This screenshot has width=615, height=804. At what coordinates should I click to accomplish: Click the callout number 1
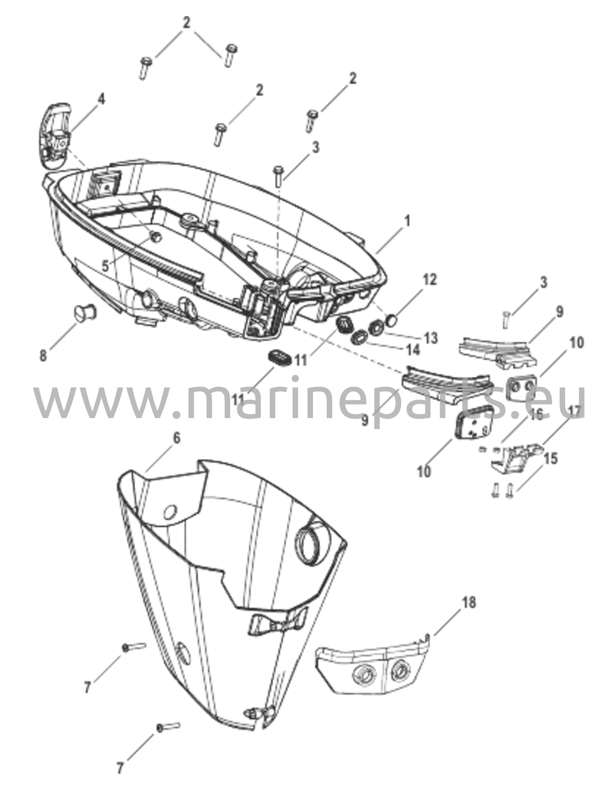coord(407,222)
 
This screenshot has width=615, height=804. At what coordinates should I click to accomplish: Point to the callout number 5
coord(105,267)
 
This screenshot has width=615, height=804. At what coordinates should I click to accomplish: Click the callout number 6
coord(177,438)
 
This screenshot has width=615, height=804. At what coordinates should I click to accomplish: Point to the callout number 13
coord(431,338)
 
